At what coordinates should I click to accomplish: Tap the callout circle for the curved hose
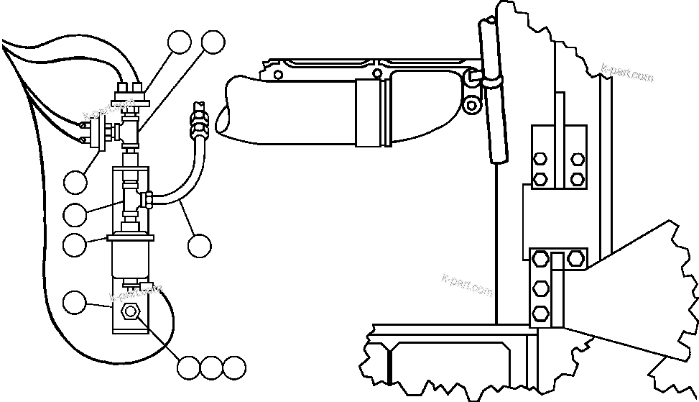[200, 245]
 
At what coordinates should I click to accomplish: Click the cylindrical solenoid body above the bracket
[129, 259]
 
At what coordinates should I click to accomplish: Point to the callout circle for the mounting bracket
[74, 302]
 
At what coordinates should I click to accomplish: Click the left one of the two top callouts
[180, 42]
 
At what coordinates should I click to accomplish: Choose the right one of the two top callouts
[212, 42]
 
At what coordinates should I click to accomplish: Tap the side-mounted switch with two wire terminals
[95, 132]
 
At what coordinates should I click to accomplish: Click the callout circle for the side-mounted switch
[74, 181]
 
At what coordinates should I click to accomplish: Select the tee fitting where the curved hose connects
[132, 198]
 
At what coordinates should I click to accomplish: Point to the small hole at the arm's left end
[277, 73]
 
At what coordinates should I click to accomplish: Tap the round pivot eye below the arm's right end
[471, 106]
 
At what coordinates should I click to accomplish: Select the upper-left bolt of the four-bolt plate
[541, 160]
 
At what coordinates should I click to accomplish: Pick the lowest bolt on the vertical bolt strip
[541, 314]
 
